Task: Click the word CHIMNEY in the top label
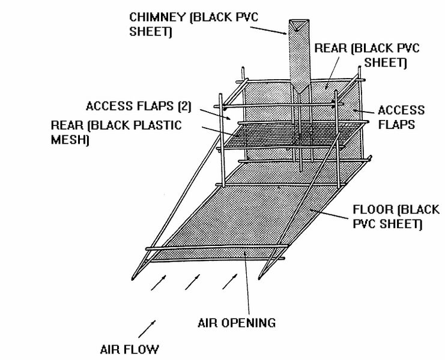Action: coord(157,17)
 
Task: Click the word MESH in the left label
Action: coord(69,139)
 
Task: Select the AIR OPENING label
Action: coord(237,323)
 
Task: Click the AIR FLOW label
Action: coord(129,349)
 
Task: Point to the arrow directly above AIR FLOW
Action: coord(147,329)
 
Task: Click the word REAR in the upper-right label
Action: coord(331,48)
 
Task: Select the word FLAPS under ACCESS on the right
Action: coord(397,124)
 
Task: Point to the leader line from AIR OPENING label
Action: coord(247,283)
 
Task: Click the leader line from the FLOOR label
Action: coord(328,214)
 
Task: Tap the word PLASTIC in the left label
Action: coord(157,125)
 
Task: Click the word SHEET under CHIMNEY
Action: coord(150,31)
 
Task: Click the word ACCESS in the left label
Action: coord(108,106)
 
